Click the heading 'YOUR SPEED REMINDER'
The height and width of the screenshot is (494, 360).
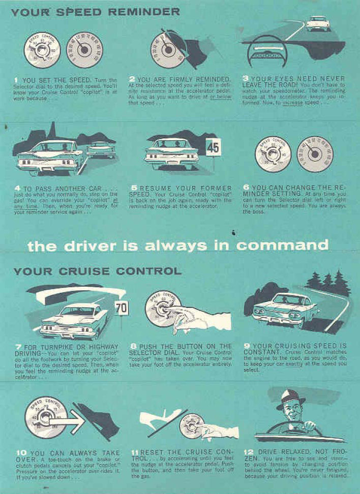coord(95,11)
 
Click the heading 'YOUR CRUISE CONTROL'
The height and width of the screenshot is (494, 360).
coord(97,271)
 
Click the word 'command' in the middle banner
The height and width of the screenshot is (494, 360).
coord(284,246)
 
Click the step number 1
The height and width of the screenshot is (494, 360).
coord(17,79)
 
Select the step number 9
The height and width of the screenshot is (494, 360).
coord(248,346)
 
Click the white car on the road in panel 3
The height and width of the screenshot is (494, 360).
coord(318,23)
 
